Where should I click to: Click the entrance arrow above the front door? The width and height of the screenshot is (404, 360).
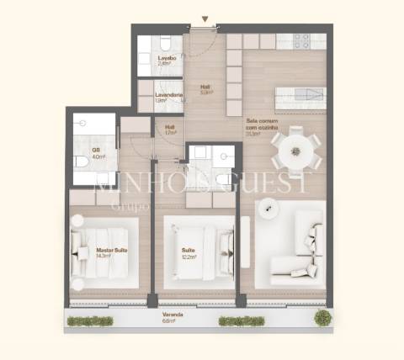click(x=205, y=19)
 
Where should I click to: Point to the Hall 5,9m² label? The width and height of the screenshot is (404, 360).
click(x=205, y=89)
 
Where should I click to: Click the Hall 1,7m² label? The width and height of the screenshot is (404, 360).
click(x=170, y=130)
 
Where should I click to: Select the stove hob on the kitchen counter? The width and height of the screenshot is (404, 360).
click(x=300, y=40)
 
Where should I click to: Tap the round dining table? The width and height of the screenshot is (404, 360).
click(x=295, y=151)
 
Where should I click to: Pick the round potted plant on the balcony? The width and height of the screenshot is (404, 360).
click(x=322, y=317)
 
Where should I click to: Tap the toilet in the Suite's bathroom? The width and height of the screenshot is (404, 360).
click(x=222, y=178)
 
